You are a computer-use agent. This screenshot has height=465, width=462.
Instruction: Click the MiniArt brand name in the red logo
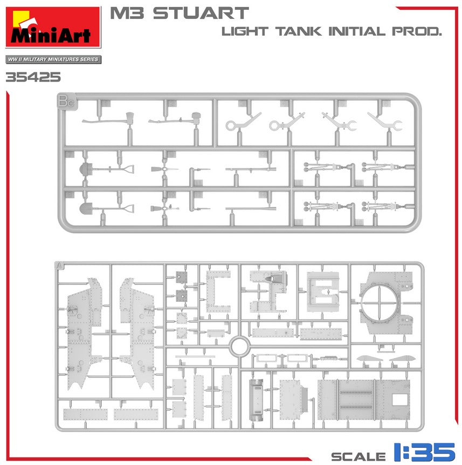[x=50, y=35]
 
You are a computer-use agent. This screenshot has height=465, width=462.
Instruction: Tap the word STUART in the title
[x=201, y=14]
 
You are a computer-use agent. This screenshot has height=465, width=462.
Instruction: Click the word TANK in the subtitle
[x=298, y=31]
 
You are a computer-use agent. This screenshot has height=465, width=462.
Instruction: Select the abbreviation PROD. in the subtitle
[x=417, y=31]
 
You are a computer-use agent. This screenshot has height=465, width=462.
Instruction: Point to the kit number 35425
[x=33, y=77]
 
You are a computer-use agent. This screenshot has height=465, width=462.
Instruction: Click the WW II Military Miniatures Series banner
[x=53, y=59]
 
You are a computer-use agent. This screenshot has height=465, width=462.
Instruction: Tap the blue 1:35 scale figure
[x=424, y=452]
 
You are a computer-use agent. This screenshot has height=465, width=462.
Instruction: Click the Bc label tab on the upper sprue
[x=66, y=101]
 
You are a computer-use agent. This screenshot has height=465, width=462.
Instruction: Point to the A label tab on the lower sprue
[x=59, y=266]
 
